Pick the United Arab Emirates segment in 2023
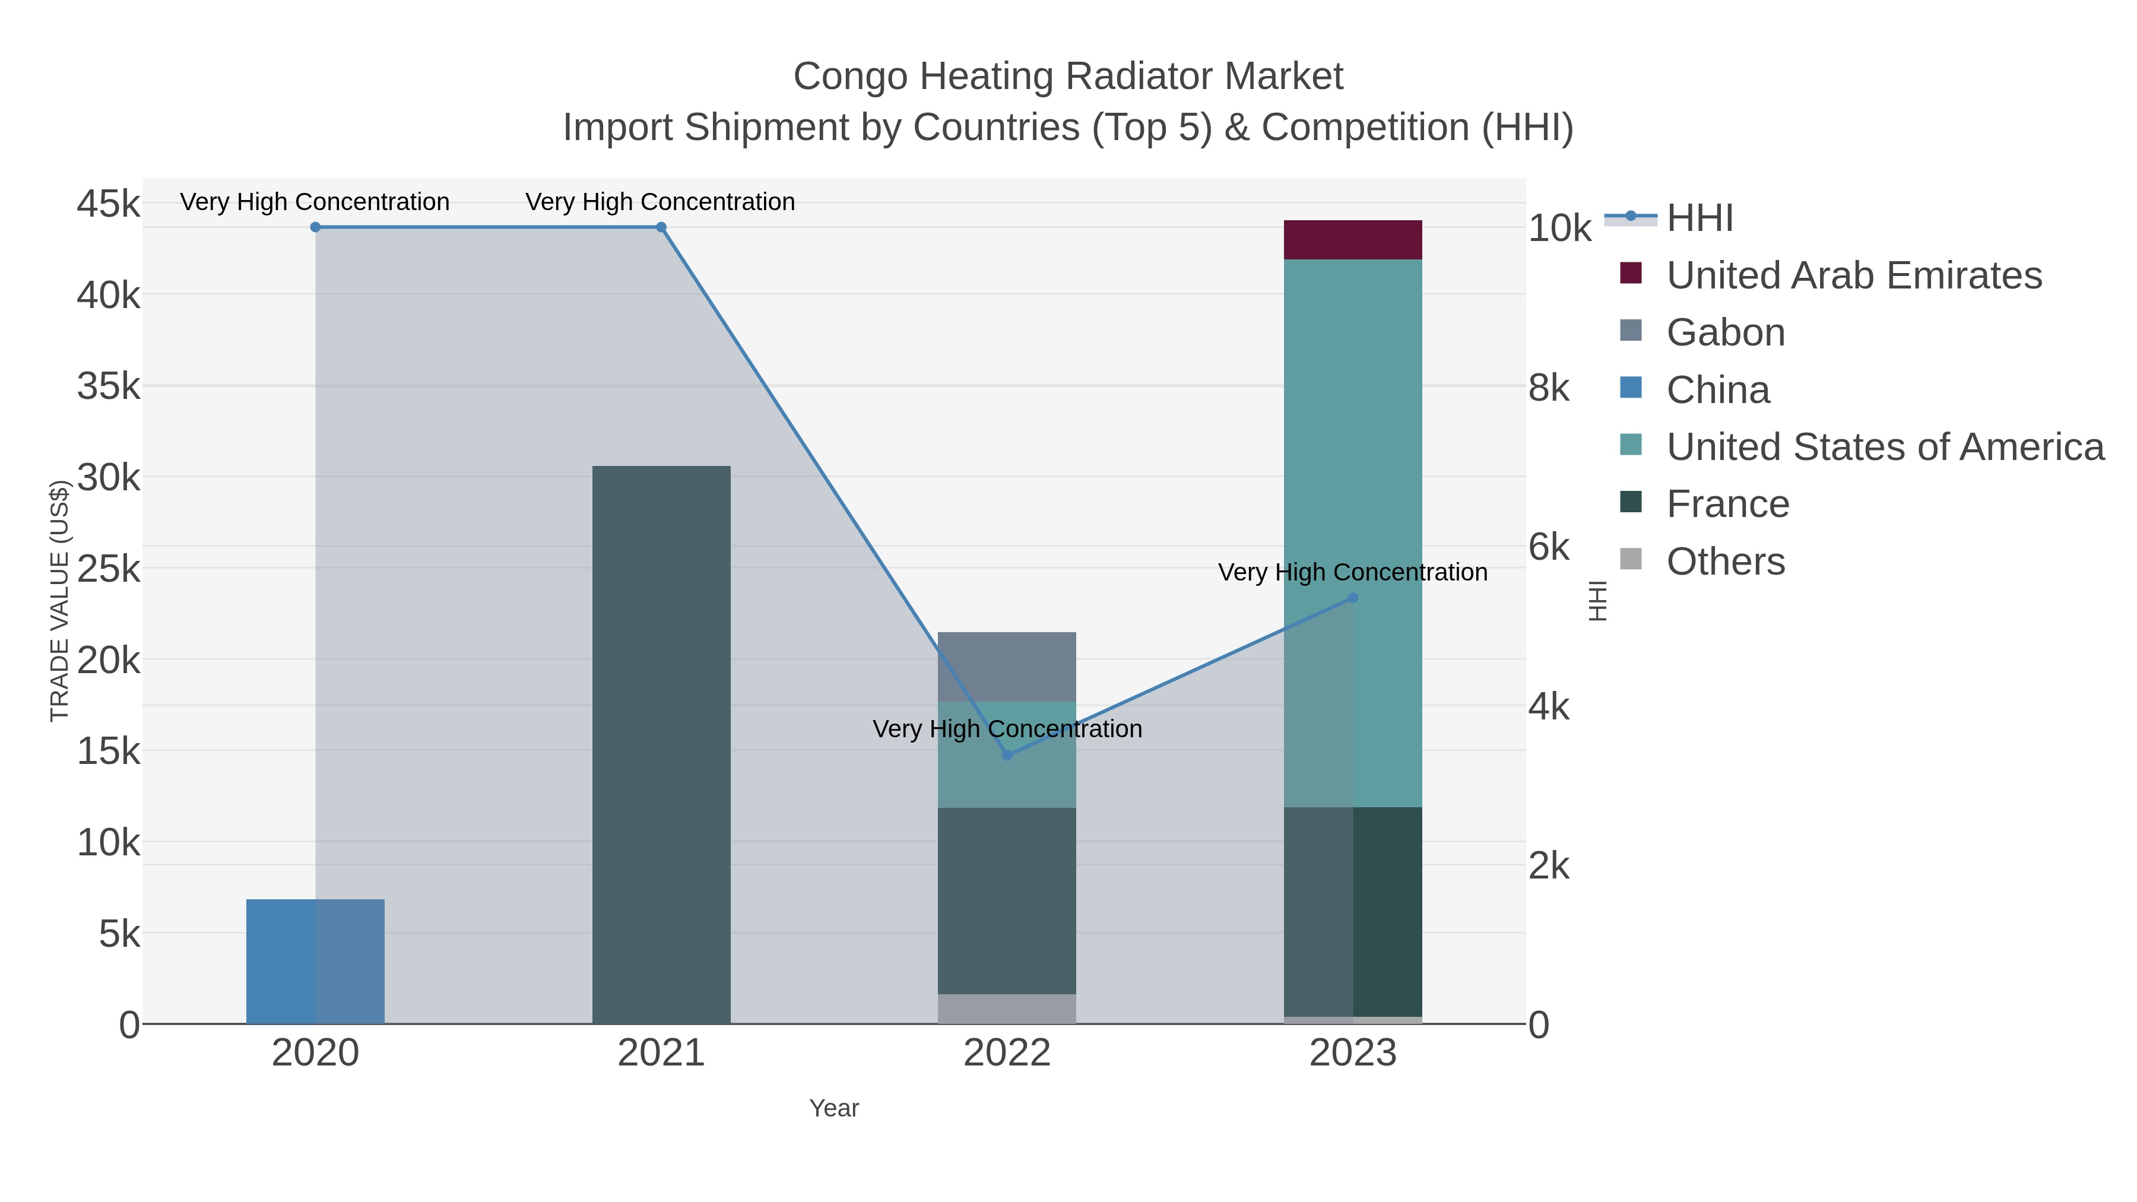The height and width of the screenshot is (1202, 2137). [x=1352, y=240]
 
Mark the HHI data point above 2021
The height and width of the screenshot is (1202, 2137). [x=661, y=227]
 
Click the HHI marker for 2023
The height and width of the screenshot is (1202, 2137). [x=1353, y=597]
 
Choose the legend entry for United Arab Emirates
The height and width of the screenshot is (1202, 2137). [x=1853, y=275]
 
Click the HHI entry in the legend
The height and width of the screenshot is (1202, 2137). [x=1699, y=218]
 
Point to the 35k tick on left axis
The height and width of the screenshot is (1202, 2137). [x=109, y=386]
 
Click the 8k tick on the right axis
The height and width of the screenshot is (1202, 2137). [x=1549, y=388]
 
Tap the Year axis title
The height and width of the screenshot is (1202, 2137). [x=834, y=1108]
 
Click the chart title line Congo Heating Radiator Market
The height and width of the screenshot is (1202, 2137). [x=1068, y=77]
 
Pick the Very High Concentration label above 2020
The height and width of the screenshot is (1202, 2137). [x=315, y=202]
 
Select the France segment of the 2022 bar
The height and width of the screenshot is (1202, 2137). [x=1006, y=900]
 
